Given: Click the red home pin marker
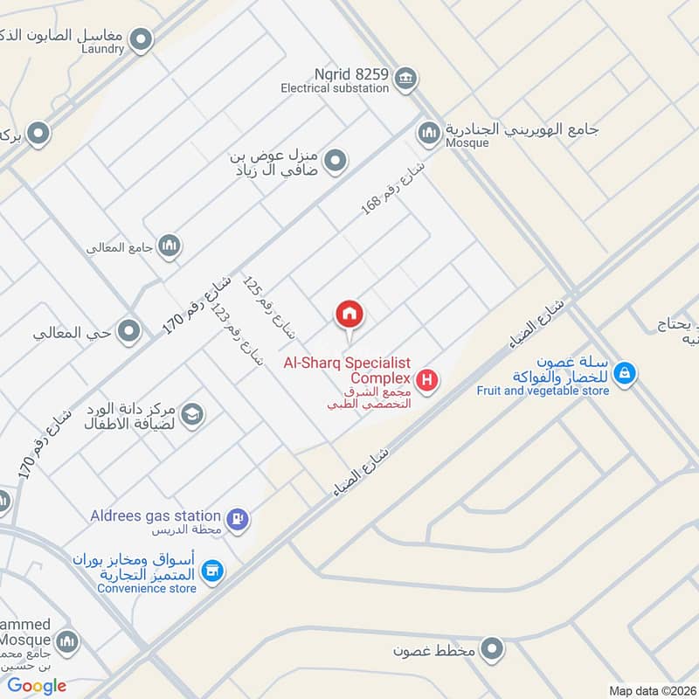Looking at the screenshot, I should coord(349,315).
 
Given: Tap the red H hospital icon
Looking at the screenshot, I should coord(427,380).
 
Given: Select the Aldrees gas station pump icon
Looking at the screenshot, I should coord(237,519).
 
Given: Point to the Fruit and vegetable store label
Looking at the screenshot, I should coord(543,391).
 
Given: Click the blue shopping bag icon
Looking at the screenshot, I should coord(625,373).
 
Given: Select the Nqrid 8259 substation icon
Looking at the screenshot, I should coord(404,80).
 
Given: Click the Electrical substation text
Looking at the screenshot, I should coord(335,88).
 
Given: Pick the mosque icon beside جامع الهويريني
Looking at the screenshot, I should coord(428,133).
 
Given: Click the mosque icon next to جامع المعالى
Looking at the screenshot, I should coord(170,246).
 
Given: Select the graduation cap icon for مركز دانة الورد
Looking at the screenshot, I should coord(193,414).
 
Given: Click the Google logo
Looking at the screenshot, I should coord(38,686).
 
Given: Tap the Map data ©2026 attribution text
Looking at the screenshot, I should coord(651,691).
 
